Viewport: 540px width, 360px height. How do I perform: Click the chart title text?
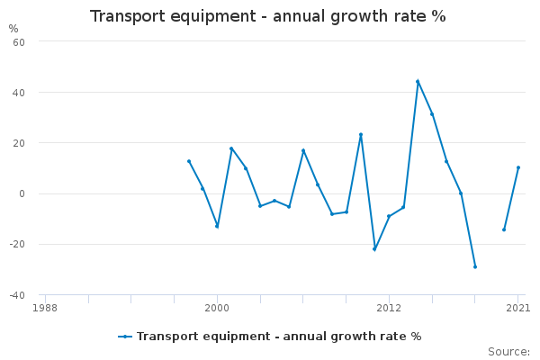[x=267, y=16]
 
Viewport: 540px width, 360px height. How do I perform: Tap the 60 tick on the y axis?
[x=18, y=41]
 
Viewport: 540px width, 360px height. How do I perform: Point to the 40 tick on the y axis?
[x=18, y=92]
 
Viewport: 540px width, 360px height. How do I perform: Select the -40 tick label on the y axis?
[x=15, y=294]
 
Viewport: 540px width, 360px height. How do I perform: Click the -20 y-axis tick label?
[x=15, y=244]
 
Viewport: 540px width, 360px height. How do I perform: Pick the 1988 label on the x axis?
[x=45, y=307]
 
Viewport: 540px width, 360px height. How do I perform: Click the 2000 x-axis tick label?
[x=217, y=307]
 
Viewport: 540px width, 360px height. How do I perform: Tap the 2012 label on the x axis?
[x=389, y=307]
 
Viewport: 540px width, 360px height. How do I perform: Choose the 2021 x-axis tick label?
[x=517, y=307]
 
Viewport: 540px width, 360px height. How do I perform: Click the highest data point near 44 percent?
[x=418, y=81]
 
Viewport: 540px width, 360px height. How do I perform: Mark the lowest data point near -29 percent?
[x=475, y=266]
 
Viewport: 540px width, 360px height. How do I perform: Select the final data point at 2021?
[x=518, y=167]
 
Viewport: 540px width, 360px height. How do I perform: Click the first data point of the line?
[x=188, y=161]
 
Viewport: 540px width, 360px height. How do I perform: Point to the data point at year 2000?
[x=217, y=226]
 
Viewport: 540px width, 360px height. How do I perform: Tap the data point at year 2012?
[x=389, y=216]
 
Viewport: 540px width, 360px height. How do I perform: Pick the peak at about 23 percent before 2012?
[x=361, y=134]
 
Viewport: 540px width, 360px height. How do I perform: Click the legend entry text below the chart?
[x=279, y=337]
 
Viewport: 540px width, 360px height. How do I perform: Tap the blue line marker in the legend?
[x=125, y=337]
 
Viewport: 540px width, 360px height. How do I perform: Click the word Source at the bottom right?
[x=508, y=351]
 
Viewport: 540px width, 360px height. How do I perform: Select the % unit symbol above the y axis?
[x=13, y=28]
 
